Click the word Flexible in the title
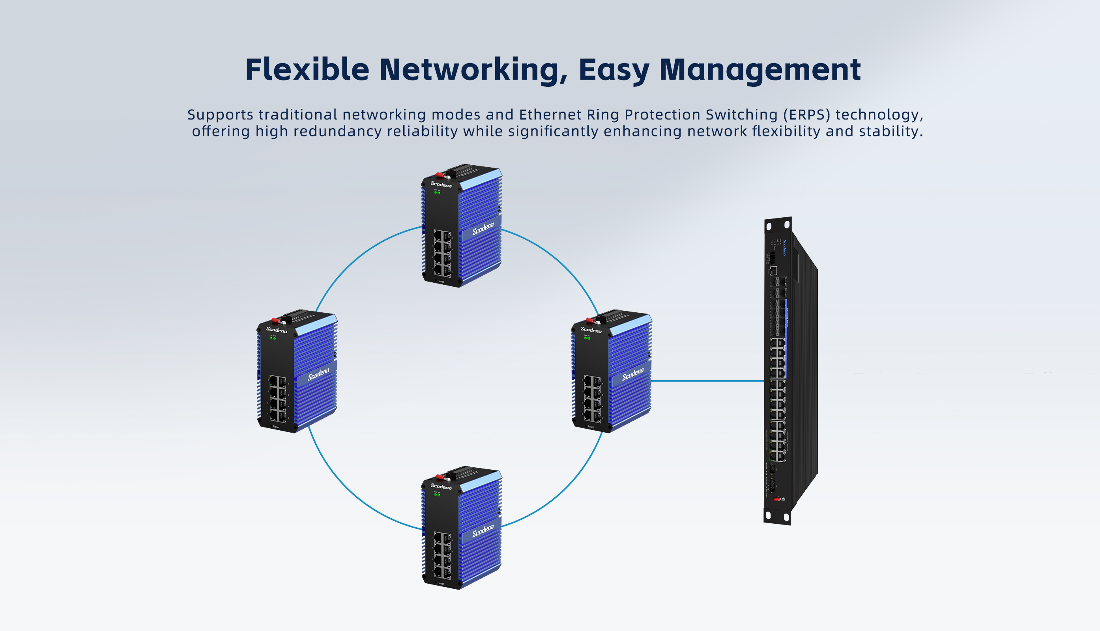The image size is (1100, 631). [307, 69]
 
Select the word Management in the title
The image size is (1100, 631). [760, 69]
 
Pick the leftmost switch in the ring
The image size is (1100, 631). [297, 371]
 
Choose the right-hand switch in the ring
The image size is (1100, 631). [611, 371]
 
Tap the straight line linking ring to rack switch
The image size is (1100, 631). [707, 381]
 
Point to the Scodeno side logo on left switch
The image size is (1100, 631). [319, 374]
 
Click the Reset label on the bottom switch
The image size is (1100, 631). [441, 583]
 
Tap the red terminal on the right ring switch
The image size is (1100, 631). [589, 321]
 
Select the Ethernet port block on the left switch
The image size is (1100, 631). [277, 399]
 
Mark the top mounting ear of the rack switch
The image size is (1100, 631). [778, 225]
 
